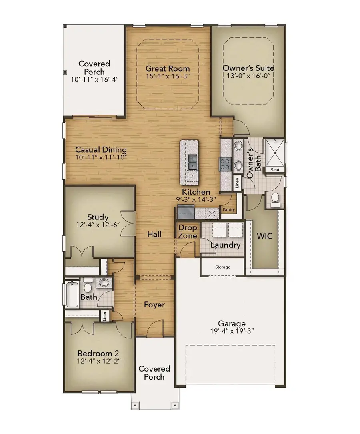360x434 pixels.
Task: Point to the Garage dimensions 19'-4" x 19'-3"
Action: click(232, 332)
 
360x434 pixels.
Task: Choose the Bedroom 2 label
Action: click(98, 354)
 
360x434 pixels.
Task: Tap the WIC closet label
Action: click(264, 236)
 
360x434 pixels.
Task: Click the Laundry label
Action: click(225, 245)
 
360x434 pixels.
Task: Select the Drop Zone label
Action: click(188, 232)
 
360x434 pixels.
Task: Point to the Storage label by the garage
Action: click(222, 267)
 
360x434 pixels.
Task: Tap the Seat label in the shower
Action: click(275, 170)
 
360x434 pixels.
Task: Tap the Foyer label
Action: click(154, 305)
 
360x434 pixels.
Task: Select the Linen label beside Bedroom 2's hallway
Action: click(104, 316)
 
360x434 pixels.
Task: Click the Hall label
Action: click(154, 234)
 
